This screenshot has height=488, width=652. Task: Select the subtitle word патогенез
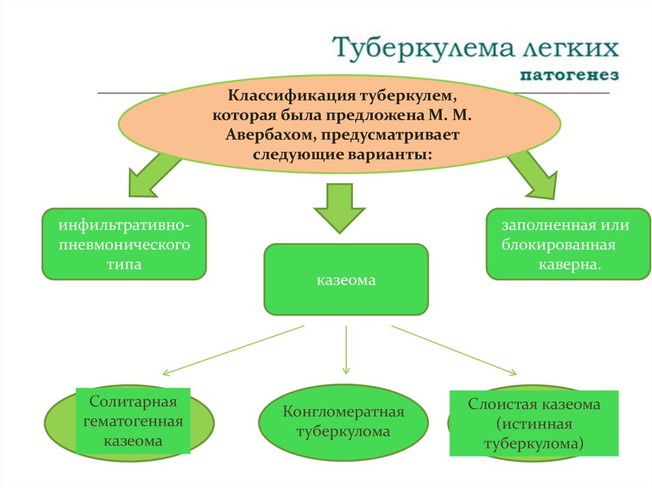click(570, 76)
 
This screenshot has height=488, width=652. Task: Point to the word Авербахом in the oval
click(271, 135)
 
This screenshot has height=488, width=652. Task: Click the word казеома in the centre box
click(346, 279)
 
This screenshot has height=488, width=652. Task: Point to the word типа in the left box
click(124, 263)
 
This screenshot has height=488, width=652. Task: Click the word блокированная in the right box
click(558, 244)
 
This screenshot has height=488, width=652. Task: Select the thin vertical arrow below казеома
click(346, 349)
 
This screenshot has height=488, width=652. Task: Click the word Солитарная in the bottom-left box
click(132, 402)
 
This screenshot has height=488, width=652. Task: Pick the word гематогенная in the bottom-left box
click(133, 421)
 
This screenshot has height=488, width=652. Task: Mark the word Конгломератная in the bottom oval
click(344, 412)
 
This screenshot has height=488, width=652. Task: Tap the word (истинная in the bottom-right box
click(534, 424)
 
